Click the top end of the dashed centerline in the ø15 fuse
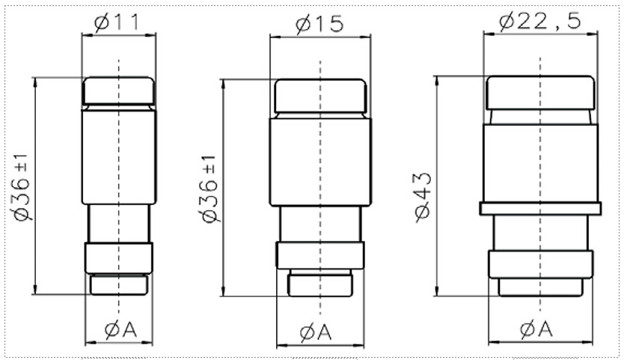320,61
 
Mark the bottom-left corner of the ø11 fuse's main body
82,204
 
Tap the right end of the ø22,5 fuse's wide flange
601,209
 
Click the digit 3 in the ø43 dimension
423,181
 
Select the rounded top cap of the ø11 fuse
119,91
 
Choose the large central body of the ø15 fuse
320,162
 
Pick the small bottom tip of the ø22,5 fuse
540,287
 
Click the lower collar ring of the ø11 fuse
119,257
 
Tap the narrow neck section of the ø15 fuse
320,224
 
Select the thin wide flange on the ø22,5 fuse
540,209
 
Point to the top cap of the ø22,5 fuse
540,93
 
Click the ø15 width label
319,25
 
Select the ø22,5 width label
540,22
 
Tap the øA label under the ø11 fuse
120,330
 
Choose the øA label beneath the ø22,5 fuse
536,329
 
